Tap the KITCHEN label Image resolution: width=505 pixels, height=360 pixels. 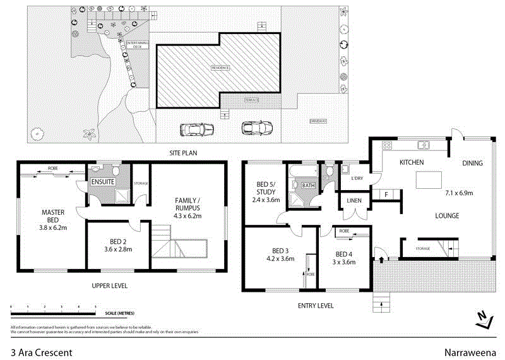click(411, 163)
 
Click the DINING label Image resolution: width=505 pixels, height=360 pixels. click(472, 163)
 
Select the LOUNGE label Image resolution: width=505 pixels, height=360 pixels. click(446, 216)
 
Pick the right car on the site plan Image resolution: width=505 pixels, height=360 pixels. click(256, 128)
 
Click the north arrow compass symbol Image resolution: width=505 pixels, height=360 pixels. click(483, 319)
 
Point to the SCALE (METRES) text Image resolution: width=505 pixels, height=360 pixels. click(119, 313)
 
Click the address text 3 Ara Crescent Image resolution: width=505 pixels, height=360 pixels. click(41, 352)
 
